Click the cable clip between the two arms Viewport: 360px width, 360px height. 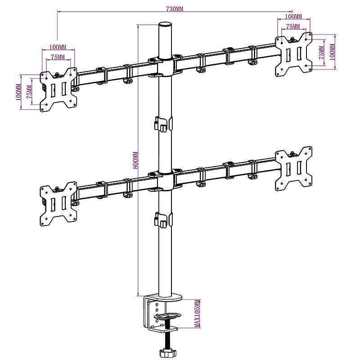tap(163, 124)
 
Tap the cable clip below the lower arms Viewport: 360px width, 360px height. tap(163, 219)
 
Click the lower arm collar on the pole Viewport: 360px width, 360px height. tap(165, 176)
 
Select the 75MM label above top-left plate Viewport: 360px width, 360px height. tap(58, 57)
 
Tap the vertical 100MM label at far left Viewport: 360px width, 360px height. tap(18, 92)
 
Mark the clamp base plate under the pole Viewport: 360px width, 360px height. tap(163, 297)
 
